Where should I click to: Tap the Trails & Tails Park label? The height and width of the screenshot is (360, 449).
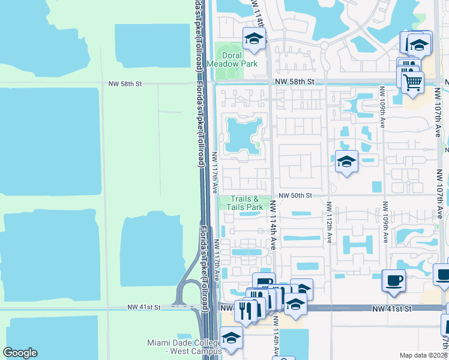[x=244, y=203]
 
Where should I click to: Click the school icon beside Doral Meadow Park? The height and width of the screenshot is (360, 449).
[x=254, y=40]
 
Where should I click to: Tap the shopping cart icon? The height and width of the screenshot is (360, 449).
[x=412, y=83]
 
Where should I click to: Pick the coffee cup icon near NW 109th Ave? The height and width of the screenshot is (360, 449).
[x=394, y=280]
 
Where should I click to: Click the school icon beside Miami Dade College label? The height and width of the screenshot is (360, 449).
[x=231, y=338]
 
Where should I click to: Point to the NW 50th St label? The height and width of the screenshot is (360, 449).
[x=296, y=196]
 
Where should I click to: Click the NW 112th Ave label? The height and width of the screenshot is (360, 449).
[x=329, y=222]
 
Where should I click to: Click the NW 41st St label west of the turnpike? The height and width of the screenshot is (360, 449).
[x=144, y=307]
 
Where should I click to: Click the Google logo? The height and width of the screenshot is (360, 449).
[x=20, y=352]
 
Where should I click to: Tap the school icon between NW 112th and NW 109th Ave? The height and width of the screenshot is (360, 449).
[x=346, y=161]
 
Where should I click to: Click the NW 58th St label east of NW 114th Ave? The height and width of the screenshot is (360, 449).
[x=300, y=81]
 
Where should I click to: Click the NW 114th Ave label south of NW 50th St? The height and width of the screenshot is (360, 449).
[x=273, y=224]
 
